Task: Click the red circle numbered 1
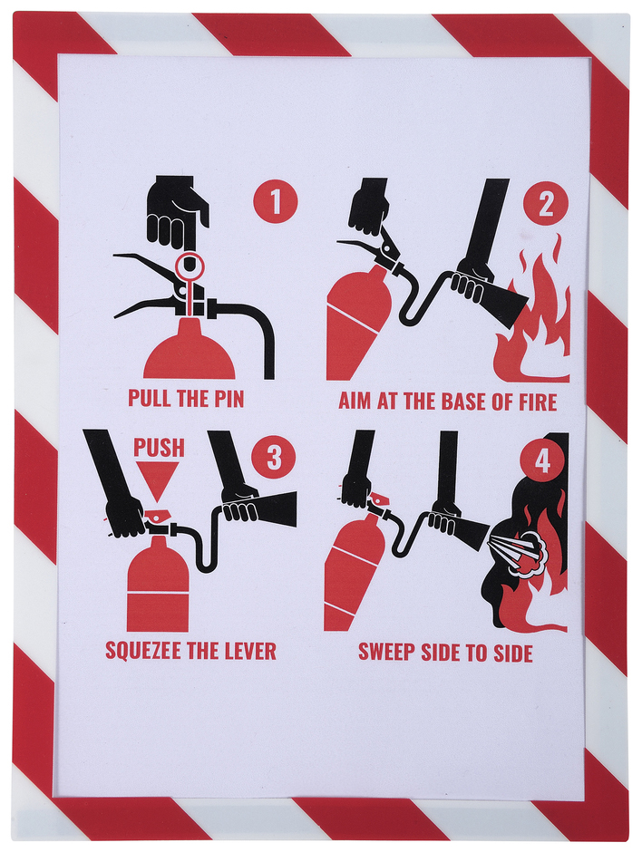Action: (x=275, y=201)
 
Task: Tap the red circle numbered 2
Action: (x=546, y=204)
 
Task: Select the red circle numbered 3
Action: (x=274, y=457)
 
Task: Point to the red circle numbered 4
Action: (x=542, y=460)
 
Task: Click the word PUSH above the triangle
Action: (x=159, y=448)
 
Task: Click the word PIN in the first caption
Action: (x=225, y=398)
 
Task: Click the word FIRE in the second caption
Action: (x=537, y=402)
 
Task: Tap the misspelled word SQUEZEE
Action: (x=145, y=651)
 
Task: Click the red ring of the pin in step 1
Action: (x=189, y=254)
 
